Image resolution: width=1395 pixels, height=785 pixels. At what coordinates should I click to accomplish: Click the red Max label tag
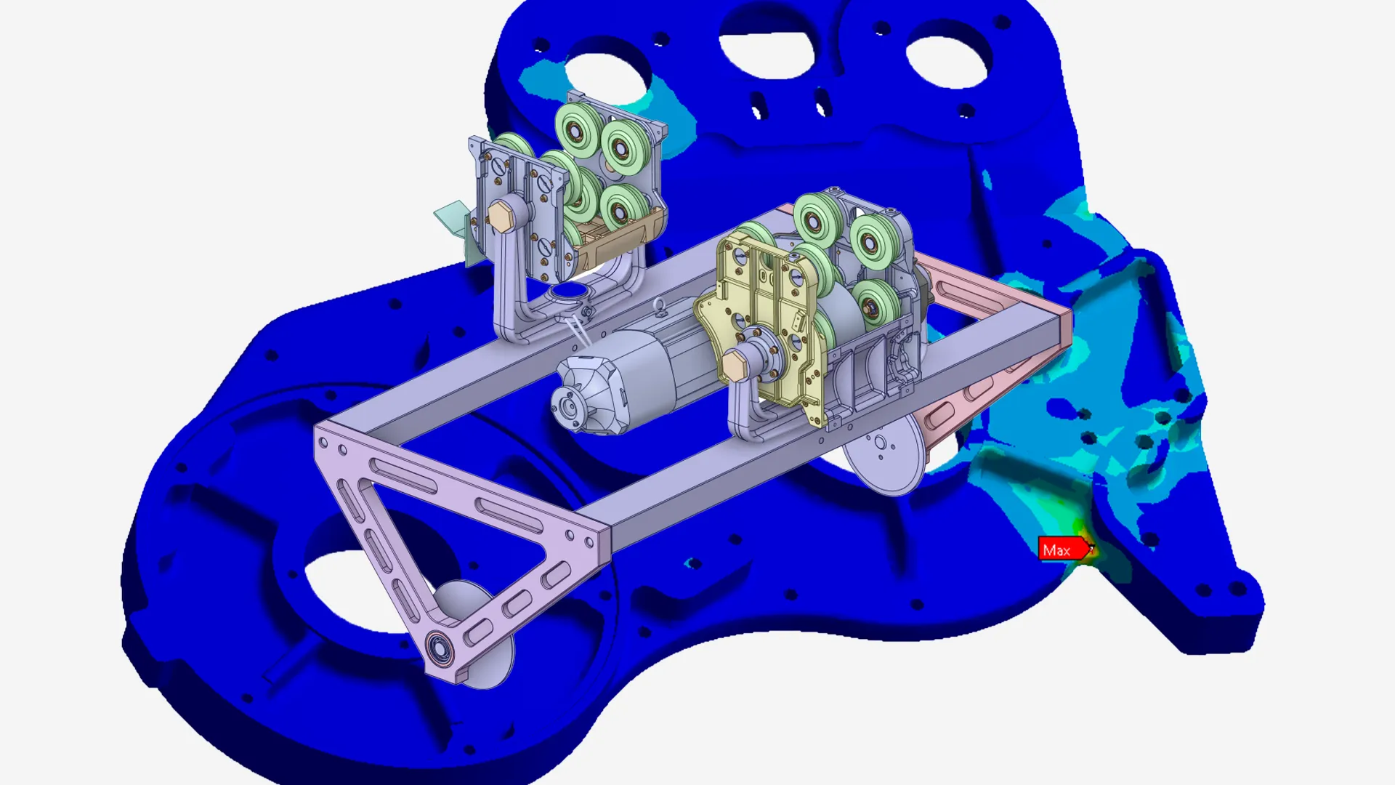click(1062, 549)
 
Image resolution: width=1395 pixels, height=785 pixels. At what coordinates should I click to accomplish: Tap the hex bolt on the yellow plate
click(735, 363)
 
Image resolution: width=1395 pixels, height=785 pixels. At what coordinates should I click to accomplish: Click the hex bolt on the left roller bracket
click(501, 216)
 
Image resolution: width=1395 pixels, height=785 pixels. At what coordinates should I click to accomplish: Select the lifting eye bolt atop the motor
click(660, 308)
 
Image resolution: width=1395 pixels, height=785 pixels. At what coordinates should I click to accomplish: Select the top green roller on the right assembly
click(818, 216)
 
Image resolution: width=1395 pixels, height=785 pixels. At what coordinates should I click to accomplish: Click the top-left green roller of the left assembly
click(579, 129)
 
